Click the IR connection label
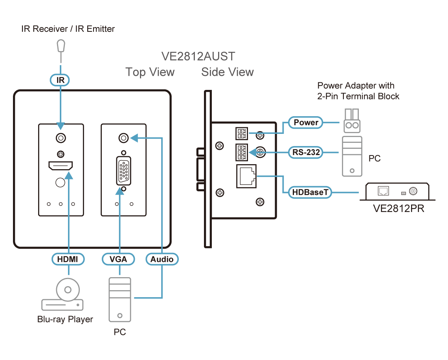(x=61, y=80)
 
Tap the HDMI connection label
(x=68, y=259)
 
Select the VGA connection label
(x=119, y=259)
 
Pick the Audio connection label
(x=162, y=259)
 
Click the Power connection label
(x=306, y=122)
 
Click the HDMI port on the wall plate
(x=61, y=166)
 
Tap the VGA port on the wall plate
(x=124, y=170)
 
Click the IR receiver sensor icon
(x=61, y=46)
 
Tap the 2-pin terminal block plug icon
(x=351, y=121)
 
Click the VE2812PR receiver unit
(x=397, y=192)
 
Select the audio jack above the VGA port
(x=124, y=138)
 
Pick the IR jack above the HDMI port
(x=61, y=138)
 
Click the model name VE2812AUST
(x=198, y=57)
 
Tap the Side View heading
(x=228, y=72)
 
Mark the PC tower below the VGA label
(x=120, y=300)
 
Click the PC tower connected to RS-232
(x=352, y=156)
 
